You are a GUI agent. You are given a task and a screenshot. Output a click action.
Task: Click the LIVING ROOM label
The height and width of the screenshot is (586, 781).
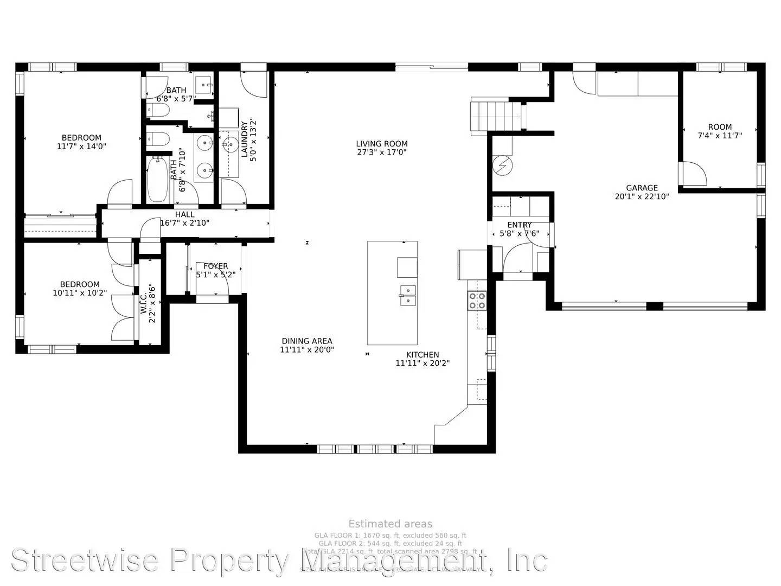pos(381,144)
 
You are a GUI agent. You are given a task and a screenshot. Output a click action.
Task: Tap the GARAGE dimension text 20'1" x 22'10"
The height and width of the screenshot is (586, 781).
pos(642,196)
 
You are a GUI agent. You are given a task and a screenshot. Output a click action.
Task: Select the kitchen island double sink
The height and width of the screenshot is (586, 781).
pos(408,296)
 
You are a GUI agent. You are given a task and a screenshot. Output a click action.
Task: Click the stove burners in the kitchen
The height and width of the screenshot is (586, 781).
pos(477,301)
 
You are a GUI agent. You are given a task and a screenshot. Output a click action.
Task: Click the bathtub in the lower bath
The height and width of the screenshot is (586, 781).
pos(158,180)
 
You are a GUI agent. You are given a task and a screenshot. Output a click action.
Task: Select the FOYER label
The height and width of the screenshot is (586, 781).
pos(215,266)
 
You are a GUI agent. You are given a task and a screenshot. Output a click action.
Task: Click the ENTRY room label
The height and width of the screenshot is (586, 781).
pos(519,225)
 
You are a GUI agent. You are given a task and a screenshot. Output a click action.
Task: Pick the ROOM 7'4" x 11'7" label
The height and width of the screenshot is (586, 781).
pos(720,127)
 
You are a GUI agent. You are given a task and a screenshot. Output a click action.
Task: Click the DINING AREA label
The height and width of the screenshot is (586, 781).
pos(306,341)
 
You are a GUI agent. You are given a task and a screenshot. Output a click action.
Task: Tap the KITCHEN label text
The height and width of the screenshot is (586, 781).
pos(422,355)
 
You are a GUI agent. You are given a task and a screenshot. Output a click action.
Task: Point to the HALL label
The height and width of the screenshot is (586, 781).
pos(184,215)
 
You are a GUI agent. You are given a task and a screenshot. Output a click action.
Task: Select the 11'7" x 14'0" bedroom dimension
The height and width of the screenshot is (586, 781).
pos(81,146)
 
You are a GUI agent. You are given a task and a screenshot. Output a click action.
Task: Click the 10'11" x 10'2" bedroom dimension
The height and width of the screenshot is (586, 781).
pos(80,292)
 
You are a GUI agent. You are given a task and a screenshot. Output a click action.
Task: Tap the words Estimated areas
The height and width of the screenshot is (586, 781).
pos(390,524)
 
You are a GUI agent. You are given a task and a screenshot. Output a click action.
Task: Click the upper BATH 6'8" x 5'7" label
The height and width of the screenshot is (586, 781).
pos(176,90)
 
